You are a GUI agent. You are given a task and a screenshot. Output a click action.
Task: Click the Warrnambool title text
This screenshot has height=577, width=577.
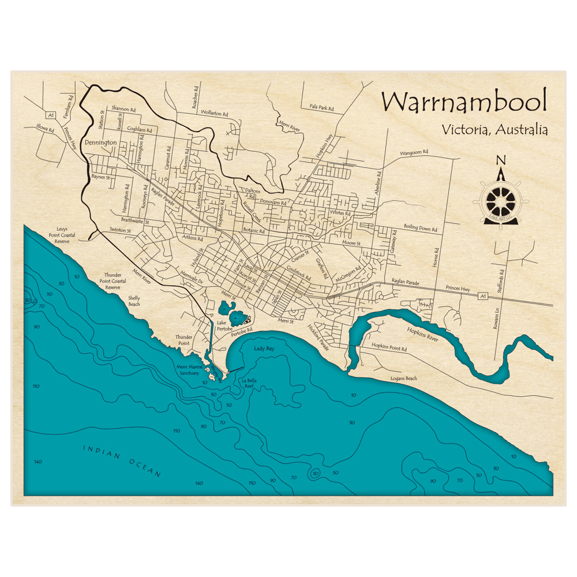click(x=463, y=103)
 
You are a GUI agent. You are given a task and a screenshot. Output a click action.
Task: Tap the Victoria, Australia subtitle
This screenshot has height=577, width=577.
click(x=494, y=129)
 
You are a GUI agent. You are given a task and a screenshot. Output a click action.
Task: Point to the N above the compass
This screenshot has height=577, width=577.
click(x=501, y=161)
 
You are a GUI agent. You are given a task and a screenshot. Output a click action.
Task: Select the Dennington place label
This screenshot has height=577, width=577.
click(x=100, y=143)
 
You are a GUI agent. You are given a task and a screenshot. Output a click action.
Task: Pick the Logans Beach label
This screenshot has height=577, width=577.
click(x=403, y=379)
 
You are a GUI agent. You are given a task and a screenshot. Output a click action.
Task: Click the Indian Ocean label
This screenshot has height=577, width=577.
click(x=121, y=460)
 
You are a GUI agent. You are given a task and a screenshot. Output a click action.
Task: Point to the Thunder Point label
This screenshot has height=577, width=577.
click(x=183, y=340)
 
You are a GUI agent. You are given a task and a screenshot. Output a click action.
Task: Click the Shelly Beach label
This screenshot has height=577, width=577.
click(x=134, y=301)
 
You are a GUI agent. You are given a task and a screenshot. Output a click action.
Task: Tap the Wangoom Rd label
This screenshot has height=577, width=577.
click(x=415, y=153)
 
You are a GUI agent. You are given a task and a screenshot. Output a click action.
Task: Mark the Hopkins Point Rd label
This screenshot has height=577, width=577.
click(x=389, y=349)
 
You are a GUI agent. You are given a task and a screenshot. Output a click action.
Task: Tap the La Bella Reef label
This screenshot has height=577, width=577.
click(x=249, y=384)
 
